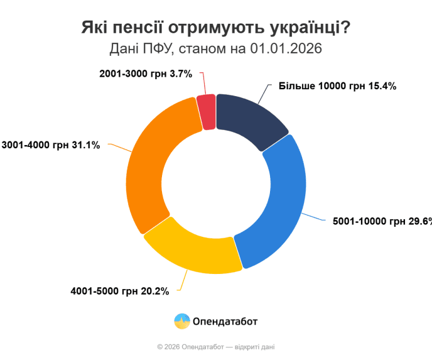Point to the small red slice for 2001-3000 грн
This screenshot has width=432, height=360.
click(207, 111)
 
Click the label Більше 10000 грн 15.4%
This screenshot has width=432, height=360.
click(337, 86)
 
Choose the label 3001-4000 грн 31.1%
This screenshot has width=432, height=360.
click(50, 145)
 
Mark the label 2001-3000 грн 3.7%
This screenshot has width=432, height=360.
click(145, 74)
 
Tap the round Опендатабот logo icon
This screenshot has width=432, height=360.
click(182, 321)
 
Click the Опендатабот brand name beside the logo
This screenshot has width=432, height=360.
click(225, 322)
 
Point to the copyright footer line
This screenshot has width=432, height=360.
click(216, 347)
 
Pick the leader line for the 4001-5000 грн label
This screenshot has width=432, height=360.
click(183, 282)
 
